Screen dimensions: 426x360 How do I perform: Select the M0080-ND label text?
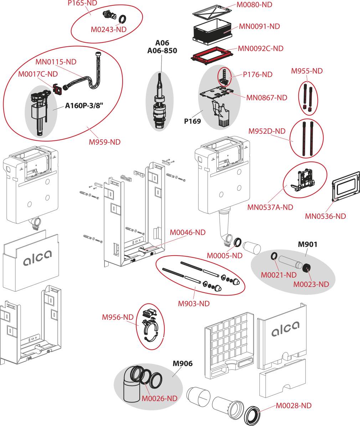(254, 5)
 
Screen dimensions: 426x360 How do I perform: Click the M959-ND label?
(105, 142)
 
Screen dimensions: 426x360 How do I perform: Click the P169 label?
(192, 121)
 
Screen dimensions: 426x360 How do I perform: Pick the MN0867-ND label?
(267, 97)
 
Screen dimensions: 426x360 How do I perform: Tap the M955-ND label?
(307, 71)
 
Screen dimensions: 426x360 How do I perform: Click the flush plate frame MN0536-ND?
(345, 185)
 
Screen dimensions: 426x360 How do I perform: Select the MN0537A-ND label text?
(270, 207)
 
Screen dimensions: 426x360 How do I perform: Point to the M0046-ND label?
(187, 232)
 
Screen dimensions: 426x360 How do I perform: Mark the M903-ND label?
(194, 304)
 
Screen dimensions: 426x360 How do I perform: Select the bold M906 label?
(182, 364)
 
